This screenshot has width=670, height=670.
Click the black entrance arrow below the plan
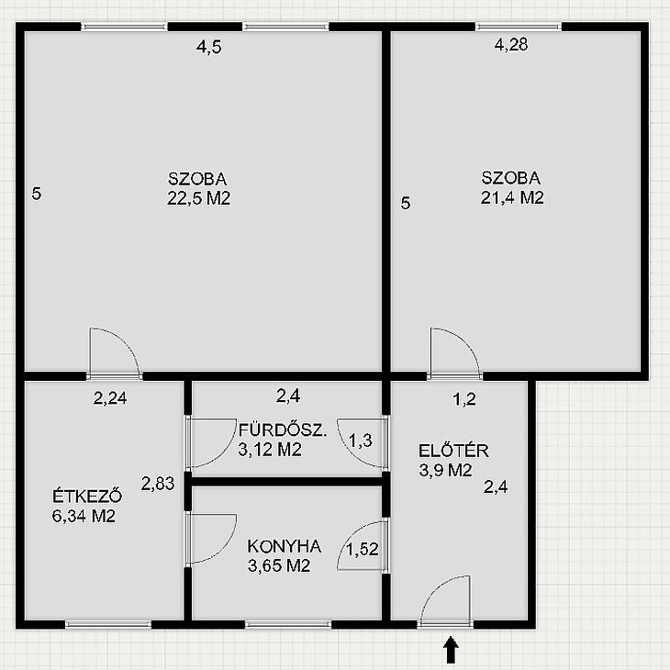tap(451, 650)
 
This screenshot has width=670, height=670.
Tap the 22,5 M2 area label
tap(198, 198)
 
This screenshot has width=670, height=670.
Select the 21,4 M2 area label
tap(512, 197)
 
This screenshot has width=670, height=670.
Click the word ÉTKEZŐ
tap(87, 496)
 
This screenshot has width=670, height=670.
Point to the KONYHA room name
tap(285, 546)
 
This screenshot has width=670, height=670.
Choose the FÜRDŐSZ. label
tap(283, 430)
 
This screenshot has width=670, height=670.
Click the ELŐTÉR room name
tap(453, 451)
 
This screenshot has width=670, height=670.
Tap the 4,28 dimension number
tap(511, 44)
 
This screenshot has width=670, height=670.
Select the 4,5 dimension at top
tap(209, 47)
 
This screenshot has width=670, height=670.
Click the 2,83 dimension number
tap(158, 484)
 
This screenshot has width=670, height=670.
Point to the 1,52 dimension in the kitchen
tap(363, 549)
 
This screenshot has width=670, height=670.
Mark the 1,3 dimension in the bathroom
tap(361, 441)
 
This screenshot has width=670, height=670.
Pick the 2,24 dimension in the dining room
tap(110, 398)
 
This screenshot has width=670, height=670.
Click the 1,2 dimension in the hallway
tap(464, 399)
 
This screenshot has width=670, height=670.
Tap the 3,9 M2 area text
tap(445, 470)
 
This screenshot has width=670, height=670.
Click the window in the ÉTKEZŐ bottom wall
tap(108, 624)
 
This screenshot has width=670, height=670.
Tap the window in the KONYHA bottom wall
tap(288, 624)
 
